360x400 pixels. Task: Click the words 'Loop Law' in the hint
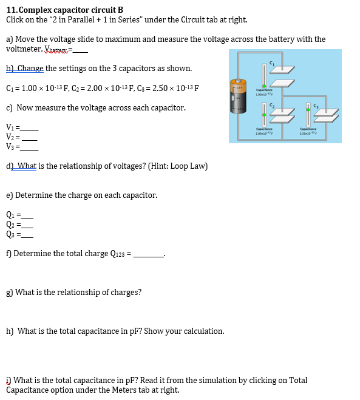[189, 166]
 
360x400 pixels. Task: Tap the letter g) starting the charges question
[9, 293]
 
